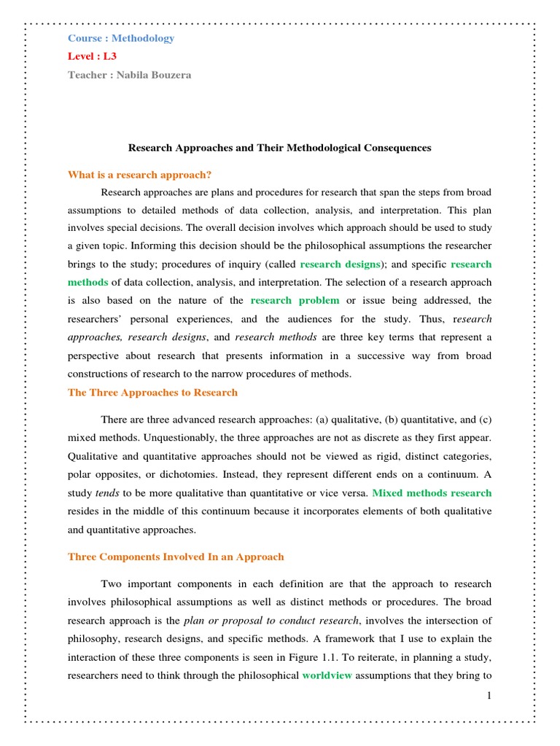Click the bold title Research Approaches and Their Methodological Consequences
coord(280,148)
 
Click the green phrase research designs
coord(341,264)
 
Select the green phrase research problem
coord(295,300)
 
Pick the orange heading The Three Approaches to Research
coord(152,392)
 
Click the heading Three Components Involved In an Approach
coord(176,557)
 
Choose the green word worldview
coord(327,675)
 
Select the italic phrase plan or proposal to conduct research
coord(271,621)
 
